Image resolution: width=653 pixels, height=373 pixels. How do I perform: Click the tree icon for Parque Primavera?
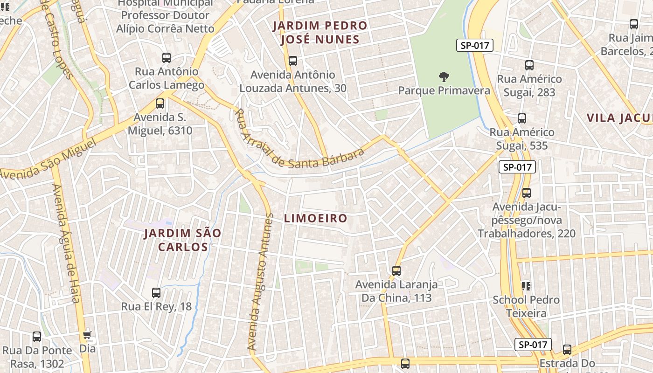point(444,76)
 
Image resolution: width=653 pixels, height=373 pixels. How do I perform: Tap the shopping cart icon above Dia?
point(87,335)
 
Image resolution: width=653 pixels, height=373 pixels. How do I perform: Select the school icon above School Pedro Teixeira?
point(526,286)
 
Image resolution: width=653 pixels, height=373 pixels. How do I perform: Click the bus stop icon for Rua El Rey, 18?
point(156,293)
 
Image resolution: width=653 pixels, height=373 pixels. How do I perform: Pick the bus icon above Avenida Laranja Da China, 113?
point(396,270)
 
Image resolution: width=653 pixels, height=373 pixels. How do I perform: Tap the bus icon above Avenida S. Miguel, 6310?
point(160,104)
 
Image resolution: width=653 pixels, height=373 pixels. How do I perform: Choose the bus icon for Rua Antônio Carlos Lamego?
point(167,58)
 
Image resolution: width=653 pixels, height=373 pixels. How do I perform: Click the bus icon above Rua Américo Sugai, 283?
point(529,65)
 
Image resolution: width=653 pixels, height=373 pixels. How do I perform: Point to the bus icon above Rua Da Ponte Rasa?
point(37,336)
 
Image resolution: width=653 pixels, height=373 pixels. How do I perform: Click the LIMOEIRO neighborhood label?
point(316,218)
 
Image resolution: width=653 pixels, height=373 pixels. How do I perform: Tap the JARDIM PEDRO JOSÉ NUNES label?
point(320,32)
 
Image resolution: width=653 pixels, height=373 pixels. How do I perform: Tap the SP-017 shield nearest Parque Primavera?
point(474,45)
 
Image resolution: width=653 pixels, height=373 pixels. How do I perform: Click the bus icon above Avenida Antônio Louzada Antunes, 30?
point(293,61)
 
